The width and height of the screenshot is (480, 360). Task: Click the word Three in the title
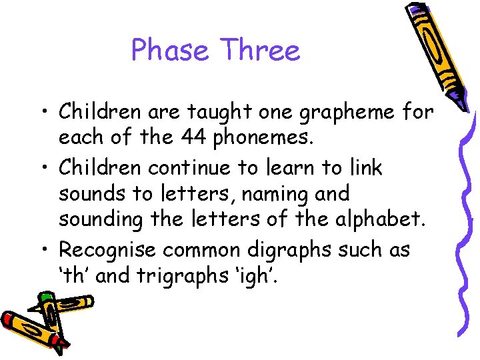[x=261, y=50]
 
